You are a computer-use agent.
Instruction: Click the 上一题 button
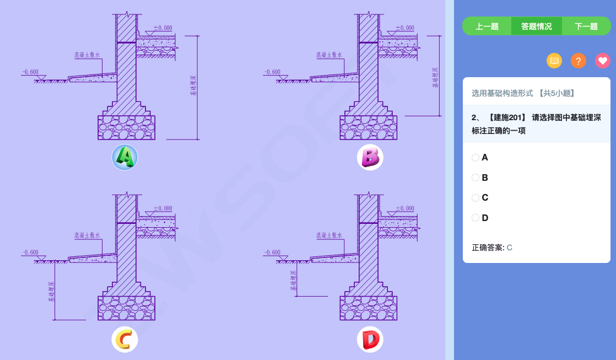[x=487, y=26]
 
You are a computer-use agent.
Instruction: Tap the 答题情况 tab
[x=537, y=26]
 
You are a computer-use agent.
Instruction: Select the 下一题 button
[x=586, y=26]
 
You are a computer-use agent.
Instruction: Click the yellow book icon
[x=554, y=61]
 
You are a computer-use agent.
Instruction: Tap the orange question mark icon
[x=579, y=61]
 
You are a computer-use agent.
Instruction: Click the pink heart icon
[x=603, y=61]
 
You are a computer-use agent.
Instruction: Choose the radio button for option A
[x=475, y=158]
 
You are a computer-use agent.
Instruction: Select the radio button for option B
[x=475, y=178]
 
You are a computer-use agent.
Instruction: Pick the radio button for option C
[x=475, y=197]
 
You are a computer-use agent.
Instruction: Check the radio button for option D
[x=475, y=218]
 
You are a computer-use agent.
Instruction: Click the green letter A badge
[x=125, y=158]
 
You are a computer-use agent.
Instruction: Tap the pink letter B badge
[x=370, y=158]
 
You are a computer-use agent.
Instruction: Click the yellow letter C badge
[x=125, y=340]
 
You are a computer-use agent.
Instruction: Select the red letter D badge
[x=370, y=340]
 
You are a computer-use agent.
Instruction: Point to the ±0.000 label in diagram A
[x=163, y=28]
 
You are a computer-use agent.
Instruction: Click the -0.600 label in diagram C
[x=30, y=252]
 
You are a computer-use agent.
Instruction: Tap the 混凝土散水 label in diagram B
[x=329, y=55]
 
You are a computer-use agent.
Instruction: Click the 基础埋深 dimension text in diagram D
[x=293, y=281]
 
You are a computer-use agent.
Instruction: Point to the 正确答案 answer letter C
[x=509, y=248]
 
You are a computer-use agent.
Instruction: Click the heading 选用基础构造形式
[x=502, y=93]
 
